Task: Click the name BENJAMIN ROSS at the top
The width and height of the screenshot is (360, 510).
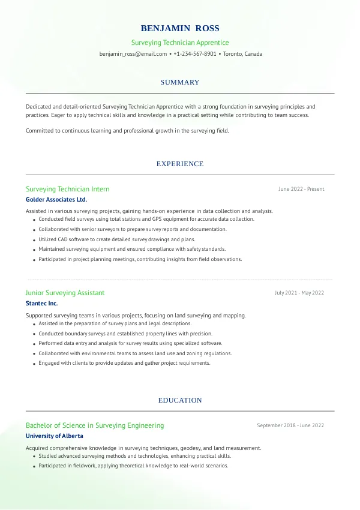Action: [180, 28]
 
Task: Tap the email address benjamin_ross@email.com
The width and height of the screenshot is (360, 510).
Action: [133, 54]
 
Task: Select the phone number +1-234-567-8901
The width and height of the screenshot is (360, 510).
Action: [195, 54]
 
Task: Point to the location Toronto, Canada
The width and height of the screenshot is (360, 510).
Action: [242, 54]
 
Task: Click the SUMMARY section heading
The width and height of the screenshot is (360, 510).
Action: [180, 82]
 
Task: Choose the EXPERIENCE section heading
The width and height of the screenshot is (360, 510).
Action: [180, 164]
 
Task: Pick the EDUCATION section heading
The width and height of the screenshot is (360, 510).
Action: [180, 400]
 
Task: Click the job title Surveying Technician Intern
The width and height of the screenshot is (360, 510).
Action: [68, 189]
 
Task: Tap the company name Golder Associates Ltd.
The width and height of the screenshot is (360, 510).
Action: [56, 199]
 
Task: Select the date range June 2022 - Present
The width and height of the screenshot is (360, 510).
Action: [301, 189]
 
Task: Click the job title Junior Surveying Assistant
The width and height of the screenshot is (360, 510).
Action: [65, 293]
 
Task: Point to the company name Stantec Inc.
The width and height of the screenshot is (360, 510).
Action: [42, 303]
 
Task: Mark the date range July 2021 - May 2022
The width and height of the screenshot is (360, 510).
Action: [299, 293]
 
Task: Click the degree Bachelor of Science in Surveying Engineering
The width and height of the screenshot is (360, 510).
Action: [95, 425]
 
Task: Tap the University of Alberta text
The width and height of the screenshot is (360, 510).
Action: [55, 436]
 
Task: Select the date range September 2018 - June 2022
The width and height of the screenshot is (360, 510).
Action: [290, 425]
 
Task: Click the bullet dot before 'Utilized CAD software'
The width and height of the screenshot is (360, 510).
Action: [34, 239]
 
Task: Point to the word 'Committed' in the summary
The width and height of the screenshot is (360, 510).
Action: [39, 130]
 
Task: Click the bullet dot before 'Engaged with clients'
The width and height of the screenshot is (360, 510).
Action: [34, 364]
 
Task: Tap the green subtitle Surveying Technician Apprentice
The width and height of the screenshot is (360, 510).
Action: [180, 43]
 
